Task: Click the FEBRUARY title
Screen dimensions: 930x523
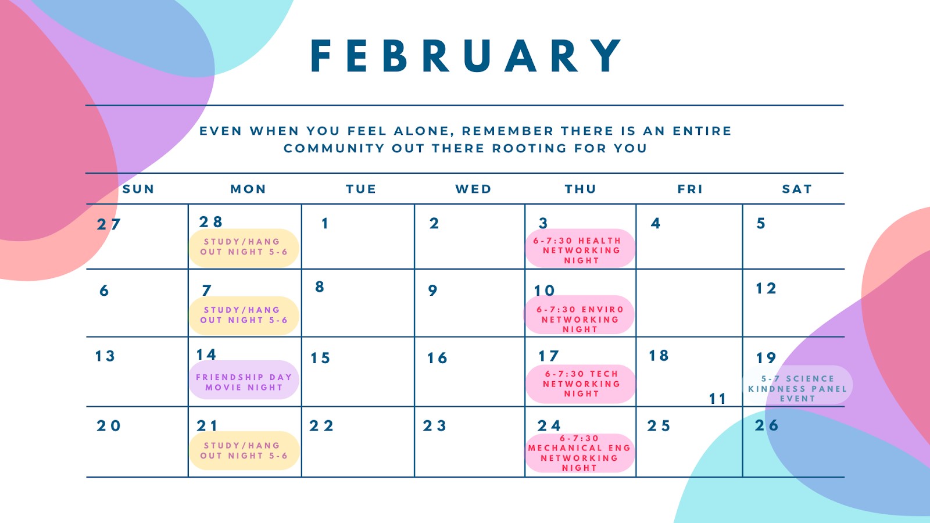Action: pos(466,56)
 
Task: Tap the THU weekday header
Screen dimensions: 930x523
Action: pos(581,189)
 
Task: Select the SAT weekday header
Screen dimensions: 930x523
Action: pos(797,189)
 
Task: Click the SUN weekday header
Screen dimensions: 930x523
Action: pos(138,189)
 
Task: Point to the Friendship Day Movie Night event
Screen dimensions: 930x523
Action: pos(244,380)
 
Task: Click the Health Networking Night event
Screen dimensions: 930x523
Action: pos(581,248)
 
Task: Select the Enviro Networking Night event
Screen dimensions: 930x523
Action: pos(580,315)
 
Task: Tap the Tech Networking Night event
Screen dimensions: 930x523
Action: pos(581,384)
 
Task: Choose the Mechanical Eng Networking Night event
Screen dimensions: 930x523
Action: pos(580,453)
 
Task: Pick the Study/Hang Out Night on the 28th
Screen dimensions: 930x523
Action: pos(244,248)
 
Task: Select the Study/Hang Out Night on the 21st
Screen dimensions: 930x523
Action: pos(244,451)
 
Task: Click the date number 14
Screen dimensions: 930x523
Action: pos(206,354)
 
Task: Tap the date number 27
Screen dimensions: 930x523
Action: pos(109,224)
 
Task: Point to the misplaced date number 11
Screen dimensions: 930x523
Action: pos(717,399)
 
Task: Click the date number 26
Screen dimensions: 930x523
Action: pos(767,425)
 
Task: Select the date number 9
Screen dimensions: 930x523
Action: pos(432,290)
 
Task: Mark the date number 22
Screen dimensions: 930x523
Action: pos(321,425)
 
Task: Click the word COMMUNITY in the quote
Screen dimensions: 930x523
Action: pos(334,148)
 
